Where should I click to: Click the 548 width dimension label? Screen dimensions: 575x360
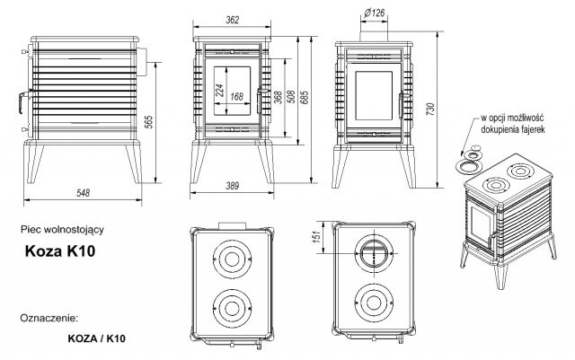tap(83, 192)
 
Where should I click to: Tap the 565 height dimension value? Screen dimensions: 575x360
tap(148, 122)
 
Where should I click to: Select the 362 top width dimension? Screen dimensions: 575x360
tap(233, 20)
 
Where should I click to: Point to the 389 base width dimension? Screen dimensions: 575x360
tap(233, 186)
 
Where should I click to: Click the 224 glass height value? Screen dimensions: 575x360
tap(219, 90)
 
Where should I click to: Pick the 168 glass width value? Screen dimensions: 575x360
tap(237, 96)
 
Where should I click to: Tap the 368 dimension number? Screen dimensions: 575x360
tap(279, 97)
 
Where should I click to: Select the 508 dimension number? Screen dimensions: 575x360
tap(291, 97)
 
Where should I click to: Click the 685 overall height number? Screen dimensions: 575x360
tap(305, 97)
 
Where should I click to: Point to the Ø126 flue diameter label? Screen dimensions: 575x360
tap(375, 13)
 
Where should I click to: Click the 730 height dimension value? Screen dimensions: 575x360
tap(430, 110)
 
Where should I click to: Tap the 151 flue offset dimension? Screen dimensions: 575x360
tap(317, 235)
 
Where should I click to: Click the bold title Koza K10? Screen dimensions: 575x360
tap(60, 251)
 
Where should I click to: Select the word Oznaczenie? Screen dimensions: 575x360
tap(49, 317)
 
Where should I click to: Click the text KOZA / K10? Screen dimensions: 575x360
tap(96, 338)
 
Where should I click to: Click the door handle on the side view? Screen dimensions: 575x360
tap(22, 101)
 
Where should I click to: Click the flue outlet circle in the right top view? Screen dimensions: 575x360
tap(374, 253)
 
